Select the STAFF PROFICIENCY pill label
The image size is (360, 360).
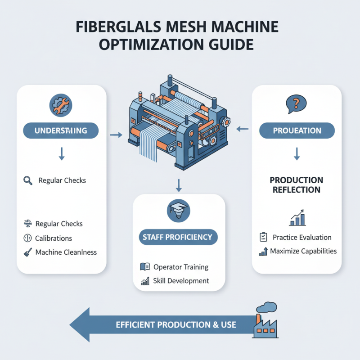[179, 237]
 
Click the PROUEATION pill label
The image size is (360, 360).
[297, 131]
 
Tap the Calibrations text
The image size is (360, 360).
[54, 238]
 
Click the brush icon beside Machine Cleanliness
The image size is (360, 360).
[27, 252]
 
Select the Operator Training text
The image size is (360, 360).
[181, 267]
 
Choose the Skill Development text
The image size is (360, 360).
[181, 281]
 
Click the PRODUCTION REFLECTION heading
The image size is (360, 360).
[297, 184]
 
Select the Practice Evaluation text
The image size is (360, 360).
[302, 237]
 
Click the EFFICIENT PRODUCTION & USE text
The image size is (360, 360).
[176, 324]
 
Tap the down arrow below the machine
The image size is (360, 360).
[179, 184]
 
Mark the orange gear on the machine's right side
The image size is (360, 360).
[226, 121]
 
